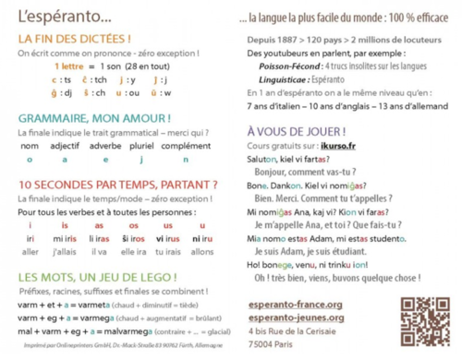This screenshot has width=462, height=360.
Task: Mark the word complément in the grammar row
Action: (x=193, y=146)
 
